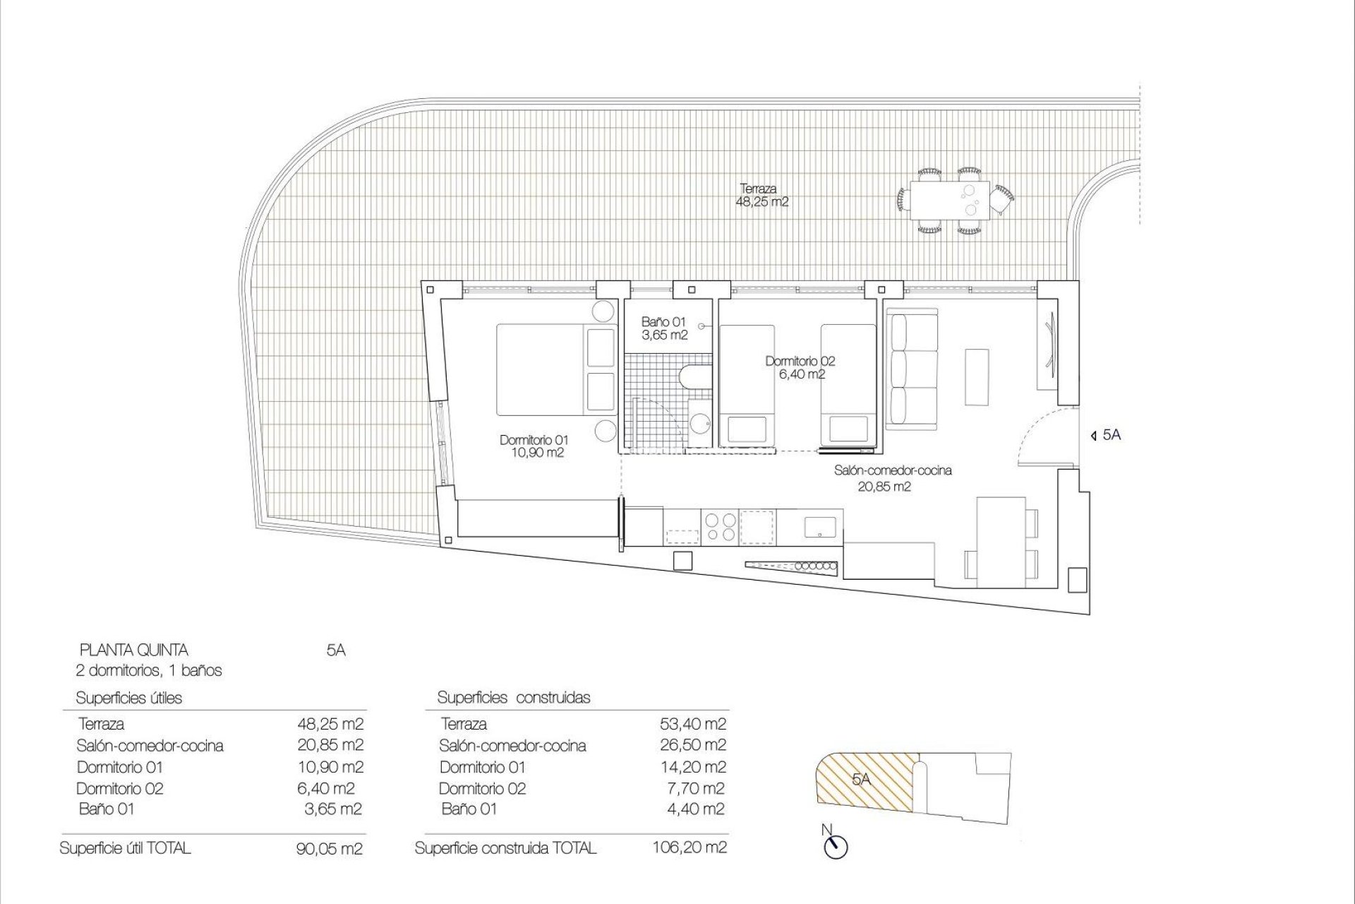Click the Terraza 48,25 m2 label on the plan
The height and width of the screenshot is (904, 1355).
[761, 196]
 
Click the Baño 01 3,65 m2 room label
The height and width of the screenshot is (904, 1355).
[664, 329]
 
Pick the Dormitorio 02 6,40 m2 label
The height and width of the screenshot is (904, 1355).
[800, 368]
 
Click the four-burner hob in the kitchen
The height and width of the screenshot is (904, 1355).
[720, 527]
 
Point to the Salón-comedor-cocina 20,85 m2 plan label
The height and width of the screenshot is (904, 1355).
[893, 478]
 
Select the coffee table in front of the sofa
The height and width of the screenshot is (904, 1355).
[978, 376]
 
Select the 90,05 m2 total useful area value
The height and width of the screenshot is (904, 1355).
[329, 848]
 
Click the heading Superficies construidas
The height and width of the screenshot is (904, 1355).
[514, 698]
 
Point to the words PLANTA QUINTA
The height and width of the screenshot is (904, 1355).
[134, 650]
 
